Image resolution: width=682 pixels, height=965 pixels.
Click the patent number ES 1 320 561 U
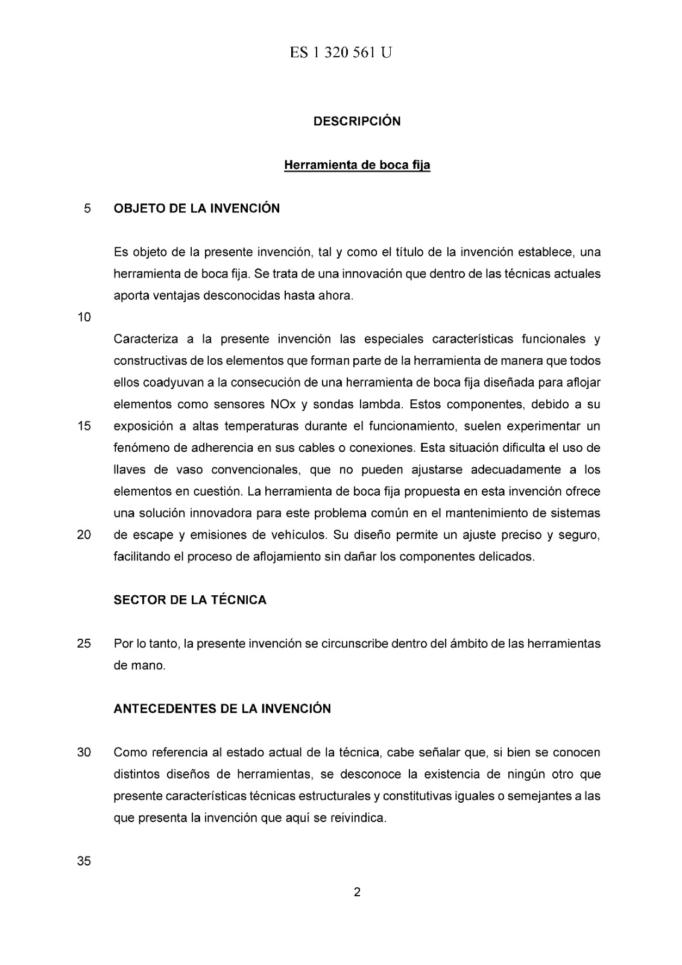tap(341, 53)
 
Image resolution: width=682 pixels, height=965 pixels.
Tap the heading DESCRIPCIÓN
tap(357, 121)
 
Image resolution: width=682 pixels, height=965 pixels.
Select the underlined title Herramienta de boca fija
tap(357, 165)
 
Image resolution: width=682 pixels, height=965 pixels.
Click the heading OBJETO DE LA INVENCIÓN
tap(197, 209)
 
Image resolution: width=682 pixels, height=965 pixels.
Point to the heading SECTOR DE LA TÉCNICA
tap(190, 600)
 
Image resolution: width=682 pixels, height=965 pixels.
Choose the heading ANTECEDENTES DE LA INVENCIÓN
tap(222, 709)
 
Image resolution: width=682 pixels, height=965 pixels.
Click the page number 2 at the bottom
tap(357, 892)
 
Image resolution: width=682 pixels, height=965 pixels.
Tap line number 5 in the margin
tap(87, 209)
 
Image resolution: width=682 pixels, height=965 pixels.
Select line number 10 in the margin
tap(84, 317)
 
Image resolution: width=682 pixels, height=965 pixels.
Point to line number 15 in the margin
tap(84, 426)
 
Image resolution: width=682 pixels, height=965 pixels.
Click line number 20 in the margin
tap(84, 534)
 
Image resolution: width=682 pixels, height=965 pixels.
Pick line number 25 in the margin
tap(84, 644)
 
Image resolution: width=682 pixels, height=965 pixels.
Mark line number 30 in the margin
tap(84, 753)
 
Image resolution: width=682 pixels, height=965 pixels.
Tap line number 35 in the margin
tap(84, 861)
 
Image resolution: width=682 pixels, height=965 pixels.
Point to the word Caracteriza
tap(145, 339)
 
